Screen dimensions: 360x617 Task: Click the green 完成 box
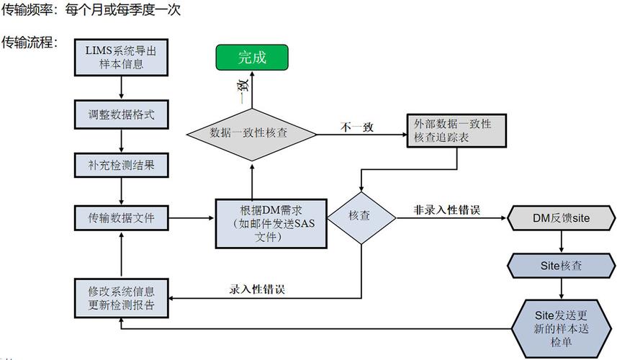pyautogui.click(x=252, y=58)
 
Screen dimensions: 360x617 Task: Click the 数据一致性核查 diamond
pyautogui.click(x=252, y=133)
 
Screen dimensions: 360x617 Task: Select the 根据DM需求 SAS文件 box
pyautogui.click(x=271, y=222)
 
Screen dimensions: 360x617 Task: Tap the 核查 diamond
pyautogui.click(x=359, y=216)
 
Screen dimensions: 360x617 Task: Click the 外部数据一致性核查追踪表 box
pyautogui.click(x=456, y=131)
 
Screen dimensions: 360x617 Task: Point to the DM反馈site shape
pyautogui.click(x=561, y=217)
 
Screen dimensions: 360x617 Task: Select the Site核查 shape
pyautogui.click(x=561, y=265)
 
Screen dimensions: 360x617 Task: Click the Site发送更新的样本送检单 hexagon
pyautogui.click(x=561, y=323)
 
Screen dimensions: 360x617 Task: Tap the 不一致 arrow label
pyautogui.click(x=357, y=127)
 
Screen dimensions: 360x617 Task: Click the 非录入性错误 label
pyautogui.click(x=447, y=210)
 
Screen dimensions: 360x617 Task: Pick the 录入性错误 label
pyautogui.click(x=257, y=289)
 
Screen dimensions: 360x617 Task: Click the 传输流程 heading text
pyautogui.click(x=29, y=42)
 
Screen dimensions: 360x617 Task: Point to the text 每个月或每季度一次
pyautogui.click(x=122, y=10)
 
